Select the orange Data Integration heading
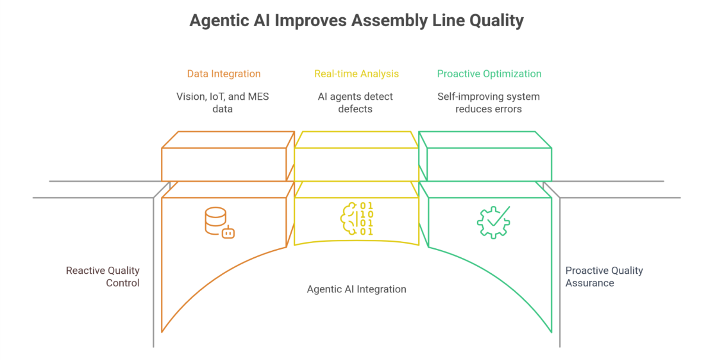[224, 74]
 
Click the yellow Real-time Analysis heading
[356, 74]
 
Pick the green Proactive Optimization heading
[489, 74]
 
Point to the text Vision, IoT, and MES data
[223, 103]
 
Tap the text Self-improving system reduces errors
[488, 103]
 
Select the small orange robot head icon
[228, 232]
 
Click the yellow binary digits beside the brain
[367, 219]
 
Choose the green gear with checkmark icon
[494, 222]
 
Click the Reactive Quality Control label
[103, 277]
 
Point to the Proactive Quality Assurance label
[604, 277]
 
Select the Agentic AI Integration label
[356, 289]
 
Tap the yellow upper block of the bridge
[356, 163]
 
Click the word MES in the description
[257, 96]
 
